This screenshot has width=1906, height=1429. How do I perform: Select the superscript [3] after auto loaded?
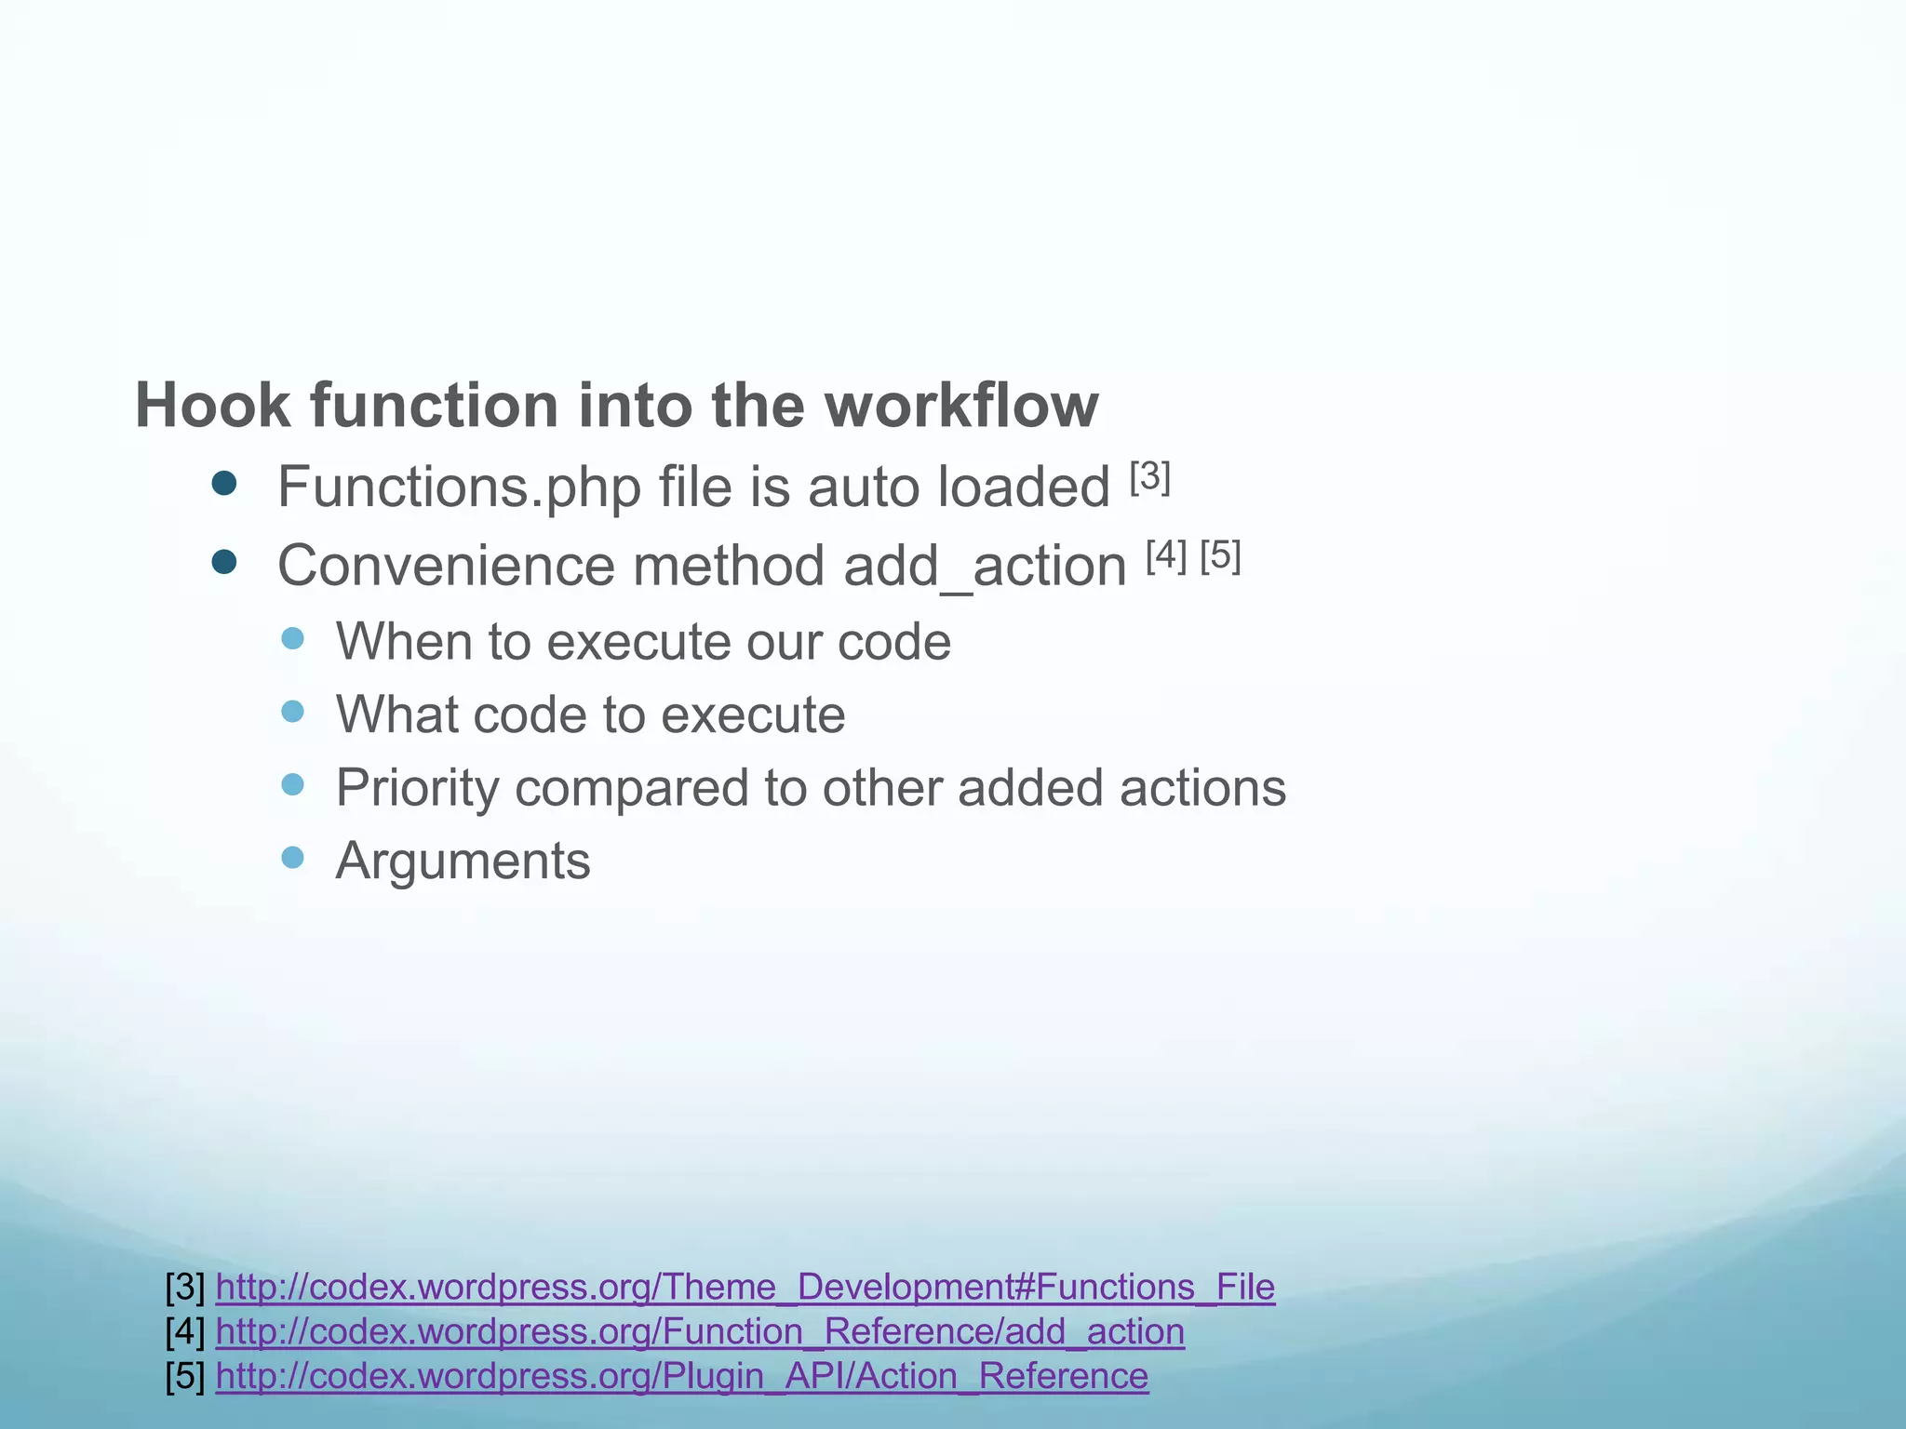tap(1150, 477)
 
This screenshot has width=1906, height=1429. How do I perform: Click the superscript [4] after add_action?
tap(1166, 556)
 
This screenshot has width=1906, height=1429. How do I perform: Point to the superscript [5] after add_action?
tap(1220, 556)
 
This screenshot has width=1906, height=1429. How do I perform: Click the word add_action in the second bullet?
tap(985, 566)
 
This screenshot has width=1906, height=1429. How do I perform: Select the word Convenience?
tap(446, 566)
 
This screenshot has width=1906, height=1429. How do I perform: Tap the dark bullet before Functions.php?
tap(224, 484)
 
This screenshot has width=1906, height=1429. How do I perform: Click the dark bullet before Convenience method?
tap(224, 562)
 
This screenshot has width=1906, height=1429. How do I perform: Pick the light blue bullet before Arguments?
tap(292, 857)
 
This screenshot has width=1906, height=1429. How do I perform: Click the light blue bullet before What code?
tap(292, 712)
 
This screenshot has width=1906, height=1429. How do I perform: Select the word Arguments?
tap(463, 861)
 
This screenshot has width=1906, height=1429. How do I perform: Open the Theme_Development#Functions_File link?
tap(745, 1287)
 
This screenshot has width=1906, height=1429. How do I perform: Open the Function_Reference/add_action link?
tap(700, 1331)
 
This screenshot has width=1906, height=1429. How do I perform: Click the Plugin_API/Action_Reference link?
tap(681, 1376)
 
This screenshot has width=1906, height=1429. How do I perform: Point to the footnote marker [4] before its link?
tap(185, 1331)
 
